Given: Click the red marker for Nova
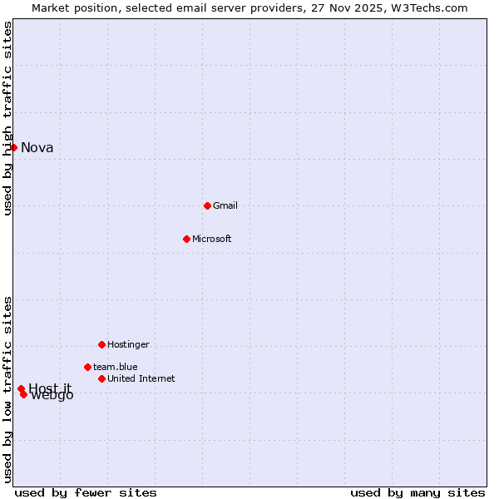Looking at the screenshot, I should click(13, 147).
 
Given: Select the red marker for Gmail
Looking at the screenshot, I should click(207, 205).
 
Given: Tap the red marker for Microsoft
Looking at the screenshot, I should click(186, 239).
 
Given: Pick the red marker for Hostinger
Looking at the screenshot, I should click(101, 344).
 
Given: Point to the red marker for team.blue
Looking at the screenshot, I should click(87, 367).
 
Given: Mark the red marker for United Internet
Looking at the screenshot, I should click(101, 378).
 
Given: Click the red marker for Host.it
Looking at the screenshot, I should click(21, 388).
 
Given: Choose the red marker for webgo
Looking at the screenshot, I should click(24, 394).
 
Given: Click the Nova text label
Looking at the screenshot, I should click(37, 148).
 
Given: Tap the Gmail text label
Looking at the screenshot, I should click(225, 206).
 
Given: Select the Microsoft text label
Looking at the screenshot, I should click(212, 240).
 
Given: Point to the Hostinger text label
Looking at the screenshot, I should click(128, 345).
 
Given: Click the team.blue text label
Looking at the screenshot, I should click(116, 367).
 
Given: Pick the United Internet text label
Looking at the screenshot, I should click(141, 379).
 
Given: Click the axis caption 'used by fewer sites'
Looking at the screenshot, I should click(86, 493).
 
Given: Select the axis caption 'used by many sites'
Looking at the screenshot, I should click(417, 493).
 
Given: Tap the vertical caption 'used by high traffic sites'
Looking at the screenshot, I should click(7, 118).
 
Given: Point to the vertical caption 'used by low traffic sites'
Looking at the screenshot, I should click(7, 389).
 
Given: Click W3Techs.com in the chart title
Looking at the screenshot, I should click(431, 8).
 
